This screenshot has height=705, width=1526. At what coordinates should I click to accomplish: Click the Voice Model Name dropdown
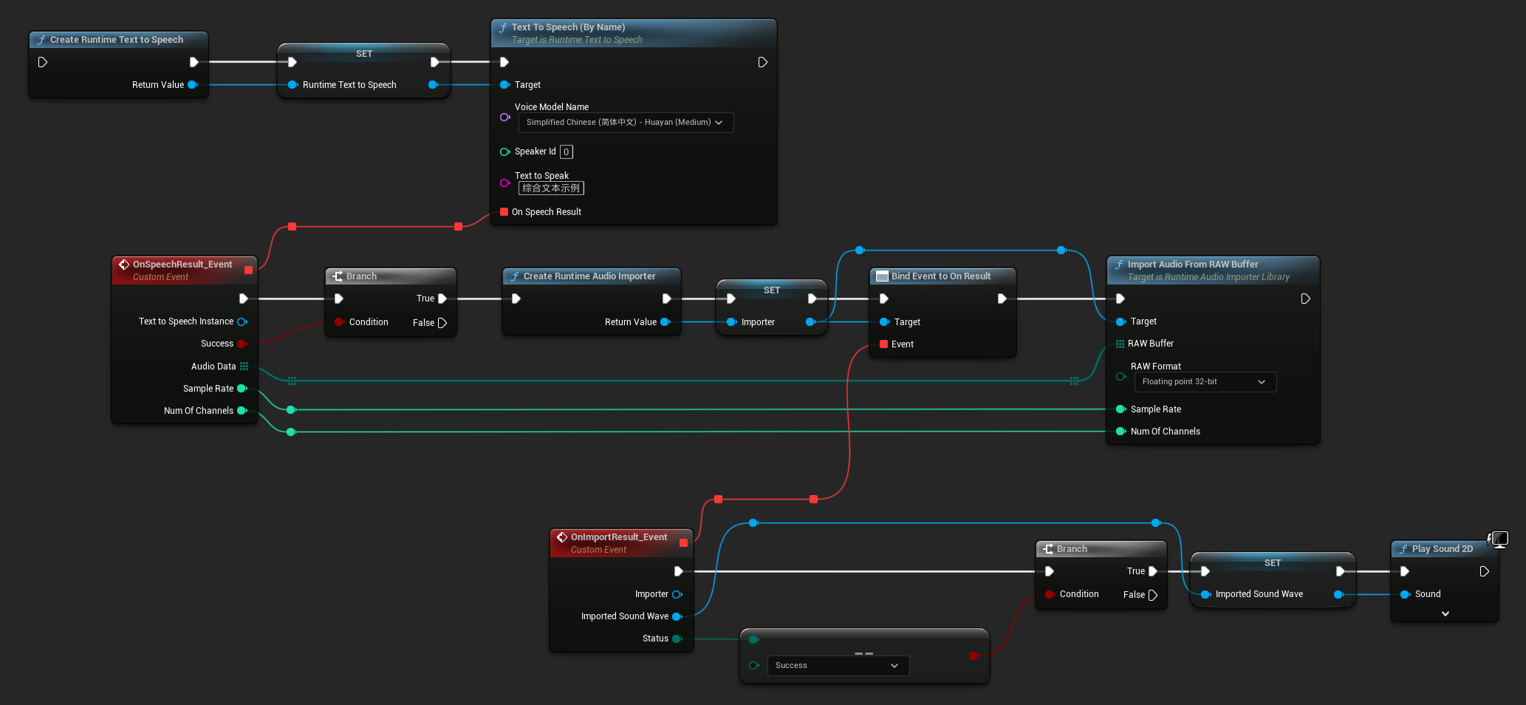[x=625, y=123]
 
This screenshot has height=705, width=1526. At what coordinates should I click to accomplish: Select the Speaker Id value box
[x=566, y=152]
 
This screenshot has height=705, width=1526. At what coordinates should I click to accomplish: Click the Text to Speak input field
[x=551, y=188]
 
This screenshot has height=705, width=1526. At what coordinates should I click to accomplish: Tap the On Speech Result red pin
[x=504, y=212]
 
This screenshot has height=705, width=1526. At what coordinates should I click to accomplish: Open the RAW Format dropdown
[x=1204, y=382]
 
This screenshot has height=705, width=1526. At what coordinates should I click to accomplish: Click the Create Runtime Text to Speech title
[x=117, y=40]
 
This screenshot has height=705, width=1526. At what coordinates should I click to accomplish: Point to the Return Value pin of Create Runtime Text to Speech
[x=193, y=85]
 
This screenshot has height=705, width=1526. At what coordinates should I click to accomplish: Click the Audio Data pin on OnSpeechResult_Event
[x=244, y=367]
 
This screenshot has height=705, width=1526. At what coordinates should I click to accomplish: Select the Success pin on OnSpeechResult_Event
[x=242, y=344]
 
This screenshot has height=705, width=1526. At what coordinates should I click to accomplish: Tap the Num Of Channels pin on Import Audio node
[x=1120, y=432]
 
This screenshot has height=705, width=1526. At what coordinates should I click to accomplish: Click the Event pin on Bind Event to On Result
[x=884, y=344]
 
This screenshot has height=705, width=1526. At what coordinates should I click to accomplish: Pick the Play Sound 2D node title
[x=1442, y=549]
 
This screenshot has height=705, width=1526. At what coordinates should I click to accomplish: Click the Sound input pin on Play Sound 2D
[x=1405, y=594]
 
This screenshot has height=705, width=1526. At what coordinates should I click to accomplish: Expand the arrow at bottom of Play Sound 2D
[x=1445, y=613]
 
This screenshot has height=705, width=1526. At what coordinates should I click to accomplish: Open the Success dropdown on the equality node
[x=838, y=666]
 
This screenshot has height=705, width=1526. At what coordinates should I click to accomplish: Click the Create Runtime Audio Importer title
[x=589, y=276]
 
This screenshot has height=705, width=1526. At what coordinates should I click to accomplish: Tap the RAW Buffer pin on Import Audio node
[x=1120, y=344]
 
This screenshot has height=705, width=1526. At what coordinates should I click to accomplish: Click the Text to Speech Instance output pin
[x=242, y=321]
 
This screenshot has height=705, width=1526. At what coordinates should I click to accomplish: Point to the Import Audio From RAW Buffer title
[x=1192, y=265]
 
